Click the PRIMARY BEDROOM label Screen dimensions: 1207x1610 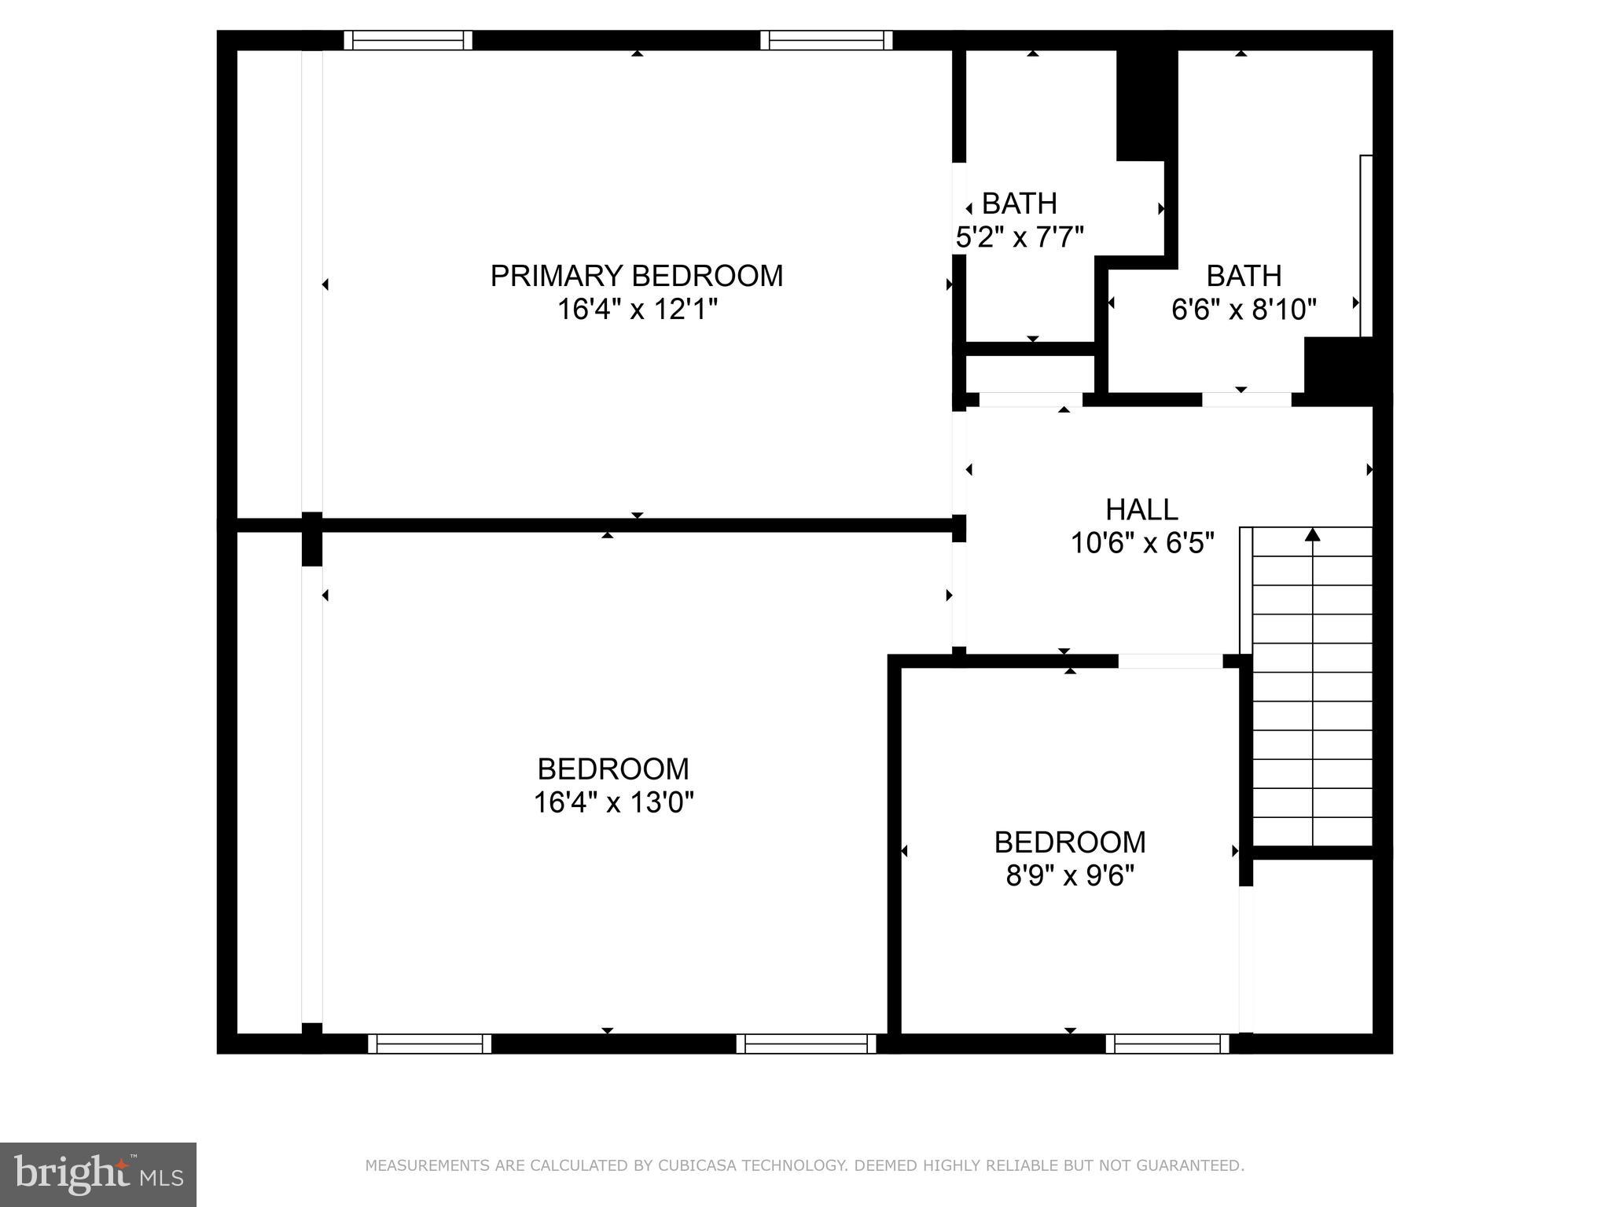(637, 276)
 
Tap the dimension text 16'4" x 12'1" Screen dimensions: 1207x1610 (637, 310)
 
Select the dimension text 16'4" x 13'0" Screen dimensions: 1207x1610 (613, 802)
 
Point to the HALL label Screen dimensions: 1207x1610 (1141, 509)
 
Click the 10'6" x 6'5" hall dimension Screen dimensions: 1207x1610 (1142, 543)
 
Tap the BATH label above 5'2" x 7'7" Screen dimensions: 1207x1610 (1019, 204)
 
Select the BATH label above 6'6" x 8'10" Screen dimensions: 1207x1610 (1244, 276)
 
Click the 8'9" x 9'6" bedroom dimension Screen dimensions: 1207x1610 (1070, 875)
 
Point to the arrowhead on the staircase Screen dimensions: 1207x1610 (1312, 535)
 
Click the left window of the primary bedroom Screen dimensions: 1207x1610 (408, 40)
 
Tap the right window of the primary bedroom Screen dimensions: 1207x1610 (826, 40)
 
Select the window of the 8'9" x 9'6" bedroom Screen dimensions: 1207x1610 (1167, 1044)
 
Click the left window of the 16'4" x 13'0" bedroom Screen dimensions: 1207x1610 (429, 1044)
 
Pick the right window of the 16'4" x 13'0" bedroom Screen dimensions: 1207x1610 (806, 1044)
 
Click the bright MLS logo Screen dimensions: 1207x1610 (98, 1175)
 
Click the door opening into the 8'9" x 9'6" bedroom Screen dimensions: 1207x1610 (1170, 661)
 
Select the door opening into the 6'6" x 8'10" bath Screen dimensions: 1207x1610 (1246, 399)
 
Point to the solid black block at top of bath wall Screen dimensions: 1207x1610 (1146, 104)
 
